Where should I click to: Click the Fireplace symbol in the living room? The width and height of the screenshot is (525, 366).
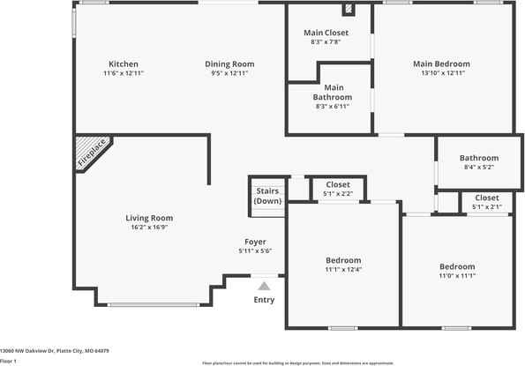click(90, 153)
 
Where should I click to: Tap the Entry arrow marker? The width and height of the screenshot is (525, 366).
click(263, 286)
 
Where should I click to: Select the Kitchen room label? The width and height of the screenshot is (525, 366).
click(123, 63)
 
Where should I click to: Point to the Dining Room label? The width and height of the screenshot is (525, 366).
click(229, 63)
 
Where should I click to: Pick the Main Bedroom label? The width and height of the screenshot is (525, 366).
click(441, 63)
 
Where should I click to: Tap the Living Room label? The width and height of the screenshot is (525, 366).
click(148, 218)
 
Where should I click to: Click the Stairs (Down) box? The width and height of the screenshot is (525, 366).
click(268, 196)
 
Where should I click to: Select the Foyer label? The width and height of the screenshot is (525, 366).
click(255, 242)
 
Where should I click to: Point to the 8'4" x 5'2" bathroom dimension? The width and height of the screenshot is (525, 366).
click(478, 167)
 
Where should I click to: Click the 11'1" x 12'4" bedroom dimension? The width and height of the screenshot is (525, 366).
click(343, 270)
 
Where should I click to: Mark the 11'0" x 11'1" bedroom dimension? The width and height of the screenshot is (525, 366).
click(457, 276)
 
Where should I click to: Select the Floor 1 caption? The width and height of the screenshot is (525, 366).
click(9, 361)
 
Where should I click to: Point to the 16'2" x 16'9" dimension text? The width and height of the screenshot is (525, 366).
click(148, 228)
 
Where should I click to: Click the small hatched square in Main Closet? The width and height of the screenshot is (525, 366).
click(349, 11)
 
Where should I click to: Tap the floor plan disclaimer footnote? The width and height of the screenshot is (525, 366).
click(297, 362)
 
